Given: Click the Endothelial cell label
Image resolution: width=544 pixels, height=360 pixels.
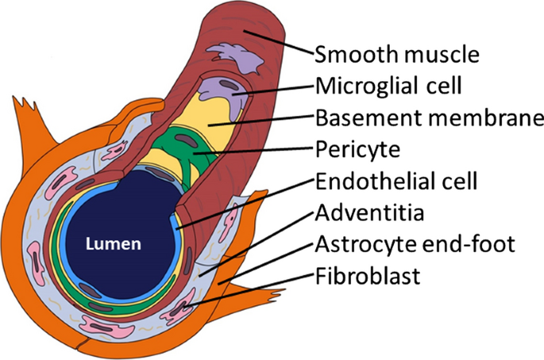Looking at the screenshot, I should point(395,181).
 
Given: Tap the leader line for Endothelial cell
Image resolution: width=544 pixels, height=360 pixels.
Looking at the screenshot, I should point(246,203).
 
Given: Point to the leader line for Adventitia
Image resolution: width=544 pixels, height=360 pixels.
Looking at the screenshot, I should point(254,242).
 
